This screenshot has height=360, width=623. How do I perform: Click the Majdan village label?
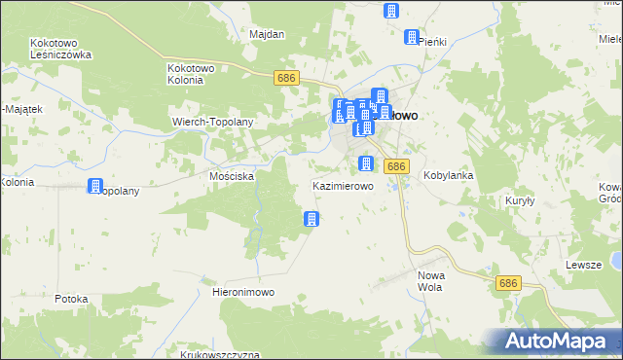pyautogui.click(x=267, y=35)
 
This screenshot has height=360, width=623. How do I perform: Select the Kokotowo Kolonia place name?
pyautogui.click(x=199, y=74)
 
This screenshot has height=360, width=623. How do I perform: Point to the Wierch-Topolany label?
pyautogui.click(x=212, y=123)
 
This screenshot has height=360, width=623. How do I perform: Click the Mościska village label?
pyautogui.click(x=232, y=177)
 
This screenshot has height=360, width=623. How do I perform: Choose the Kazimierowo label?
pyautogui.click(x=342, y=185)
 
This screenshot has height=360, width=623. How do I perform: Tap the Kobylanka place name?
pyautogui.click(x=449, y=176)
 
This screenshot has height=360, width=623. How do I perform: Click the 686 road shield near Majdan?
pyautogui.click(x=285, y=77)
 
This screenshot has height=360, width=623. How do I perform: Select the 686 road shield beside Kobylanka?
pyautogui.click(x=395, y=166)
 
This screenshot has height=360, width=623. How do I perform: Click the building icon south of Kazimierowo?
pyautogui.click(x=311, y=219)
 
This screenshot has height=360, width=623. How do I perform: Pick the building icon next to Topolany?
pyautogui.click(x=95, y=186)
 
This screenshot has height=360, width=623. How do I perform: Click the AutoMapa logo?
pyautogui.click(x=559, y=342)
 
